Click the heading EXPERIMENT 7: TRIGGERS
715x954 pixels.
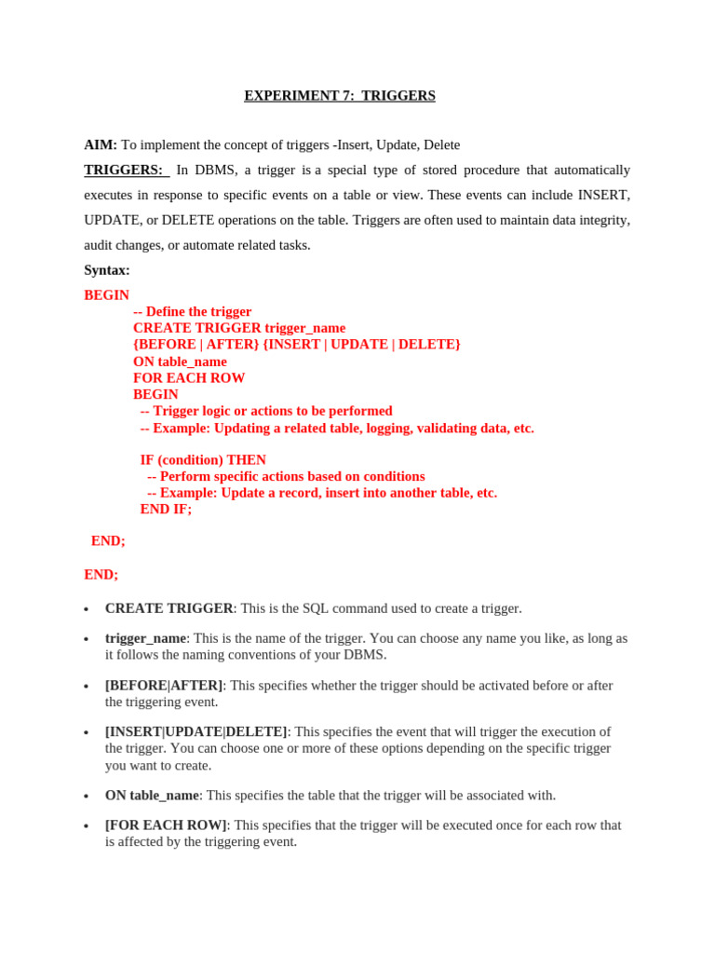click(x=339, y=96)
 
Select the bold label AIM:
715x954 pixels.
click(x=101, y=145)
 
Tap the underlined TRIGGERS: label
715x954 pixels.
click(x=124, y=170)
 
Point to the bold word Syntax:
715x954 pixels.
click(x=107, y=270)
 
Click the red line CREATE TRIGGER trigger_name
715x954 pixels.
click(x=239, y=328)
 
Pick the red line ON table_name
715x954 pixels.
click(x=180, y=361)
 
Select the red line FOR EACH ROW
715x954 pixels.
click(x=189, y=378)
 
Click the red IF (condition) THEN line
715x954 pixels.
click(x=203, y=460)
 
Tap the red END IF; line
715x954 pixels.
click(x=166, y=510)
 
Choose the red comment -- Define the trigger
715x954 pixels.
click(x=193, y=311)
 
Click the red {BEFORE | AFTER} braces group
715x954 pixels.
click(x=196, y=345)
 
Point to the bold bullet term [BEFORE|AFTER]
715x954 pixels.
click(x=164, y=686)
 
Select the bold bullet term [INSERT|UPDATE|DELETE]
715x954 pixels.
click(x=196, y=732)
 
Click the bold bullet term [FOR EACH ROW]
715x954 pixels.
click(x=166, y=825)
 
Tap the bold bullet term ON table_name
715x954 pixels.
click(x=152, y=796)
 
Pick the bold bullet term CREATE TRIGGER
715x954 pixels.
click(x=169, y=608)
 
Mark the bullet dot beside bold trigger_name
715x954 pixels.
click(x=87, y=640)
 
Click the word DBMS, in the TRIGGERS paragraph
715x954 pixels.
click(x=215, y=170)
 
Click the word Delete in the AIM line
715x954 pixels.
click(x=441, y=145)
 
